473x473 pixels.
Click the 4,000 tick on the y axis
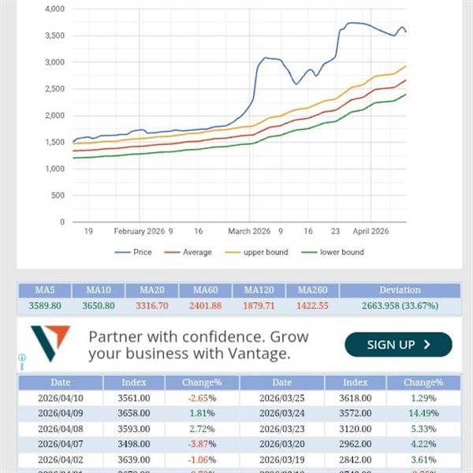(54, 9)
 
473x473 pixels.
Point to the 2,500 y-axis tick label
(54, 89)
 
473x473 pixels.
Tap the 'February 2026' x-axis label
(139, 232)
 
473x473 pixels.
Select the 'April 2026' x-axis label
(371, 232)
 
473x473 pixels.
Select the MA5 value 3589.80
(45, 306)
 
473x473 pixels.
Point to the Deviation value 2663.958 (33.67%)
(400, 306)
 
